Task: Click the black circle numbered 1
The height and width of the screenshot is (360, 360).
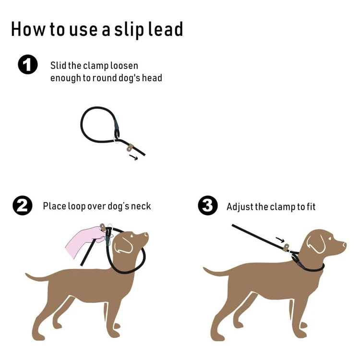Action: [x=28, y=64]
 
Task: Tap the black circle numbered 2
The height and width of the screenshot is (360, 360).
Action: [x=23, y=205]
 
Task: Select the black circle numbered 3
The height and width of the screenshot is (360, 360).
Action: [x=208, y=205]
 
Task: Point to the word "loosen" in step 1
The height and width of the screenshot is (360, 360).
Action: [x=124, y=66]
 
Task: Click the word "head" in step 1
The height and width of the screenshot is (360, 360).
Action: [x=152, y=78]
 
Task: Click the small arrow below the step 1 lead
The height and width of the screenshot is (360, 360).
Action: [x=133, y=157]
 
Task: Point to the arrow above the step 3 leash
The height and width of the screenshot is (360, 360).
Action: [x=280, y=240]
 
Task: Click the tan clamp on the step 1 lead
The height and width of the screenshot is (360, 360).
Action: [x=130, y=148]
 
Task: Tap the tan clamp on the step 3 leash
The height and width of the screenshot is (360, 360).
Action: [x=286, y=248]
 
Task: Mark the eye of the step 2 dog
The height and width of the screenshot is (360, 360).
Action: [x=132, y=236]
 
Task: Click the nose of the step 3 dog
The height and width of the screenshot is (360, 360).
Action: [x=344, y=245]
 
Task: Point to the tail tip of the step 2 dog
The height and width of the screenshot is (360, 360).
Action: [x=26, y=275]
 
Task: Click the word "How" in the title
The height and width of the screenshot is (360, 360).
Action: [x=27, y=29]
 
